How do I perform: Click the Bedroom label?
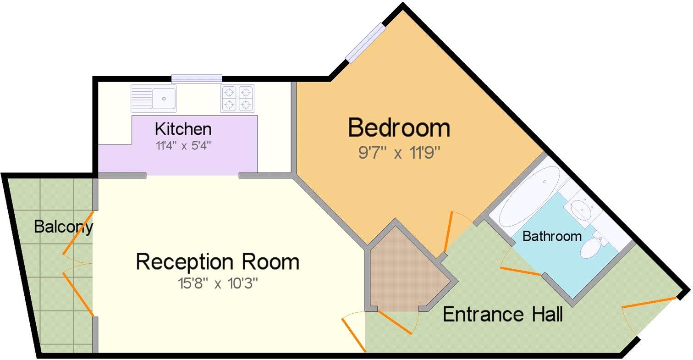399,128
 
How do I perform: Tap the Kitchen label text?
183,129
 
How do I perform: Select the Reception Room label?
217,262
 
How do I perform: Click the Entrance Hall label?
503,315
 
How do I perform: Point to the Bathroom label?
552,237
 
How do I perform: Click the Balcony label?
63,227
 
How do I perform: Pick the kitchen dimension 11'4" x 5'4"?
183,146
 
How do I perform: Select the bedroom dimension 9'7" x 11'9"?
399,153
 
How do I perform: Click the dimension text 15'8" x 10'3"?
217,284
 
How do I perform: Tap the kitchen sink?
154,98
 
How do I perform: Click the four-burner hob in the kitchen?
237,99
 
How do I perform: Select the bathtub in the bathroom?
529,196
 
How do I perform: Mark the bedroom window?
365,42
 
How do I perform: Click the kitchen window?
197,79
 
